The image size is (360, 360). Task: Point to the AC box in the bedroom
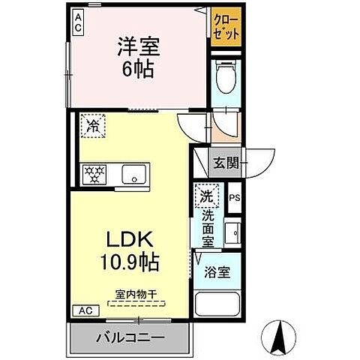tap(78, 22)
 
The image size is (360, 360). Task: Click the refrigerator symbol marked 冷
tap(93, 124)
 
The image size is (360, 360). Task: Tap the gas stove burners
tap(94, 173)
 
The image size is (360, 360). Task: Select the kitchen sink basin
tap(136, 173)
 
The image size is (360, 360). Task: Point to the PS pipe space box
tap(234, 199)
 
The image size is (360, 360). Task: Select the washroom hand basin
tap(232, 234)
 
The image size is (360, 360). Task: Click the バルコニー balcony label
tap(129, 338)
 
